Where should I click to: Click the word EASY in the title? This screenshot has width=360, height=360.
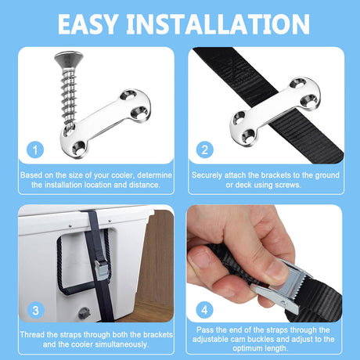click(88, 24)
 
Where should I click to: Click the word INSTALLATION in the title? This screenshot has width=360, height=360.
click(218, 24)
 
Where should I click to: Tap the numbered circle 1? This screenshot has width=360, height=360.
click(35, 149)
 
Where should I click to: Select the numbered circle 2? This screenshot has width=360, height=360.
click(205, 149)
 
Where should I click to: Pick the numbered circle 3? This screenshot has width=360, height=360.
click(35, 310)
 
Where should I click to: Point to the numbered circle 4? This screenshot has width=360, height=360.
click(205, 310)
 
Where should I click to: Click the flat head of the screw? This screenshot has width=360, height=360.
click(69, 59)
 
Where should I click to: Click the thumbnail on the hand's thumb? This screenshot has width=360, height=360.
click(277, 269)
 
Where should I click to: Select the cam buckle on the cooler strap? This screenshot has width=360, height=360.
click(101, 269)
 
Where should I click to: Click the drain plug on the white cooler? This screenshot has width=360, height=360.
click(84, 312)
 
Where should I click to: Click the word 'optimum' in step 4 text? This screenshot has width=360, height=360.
click(247, 348)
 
